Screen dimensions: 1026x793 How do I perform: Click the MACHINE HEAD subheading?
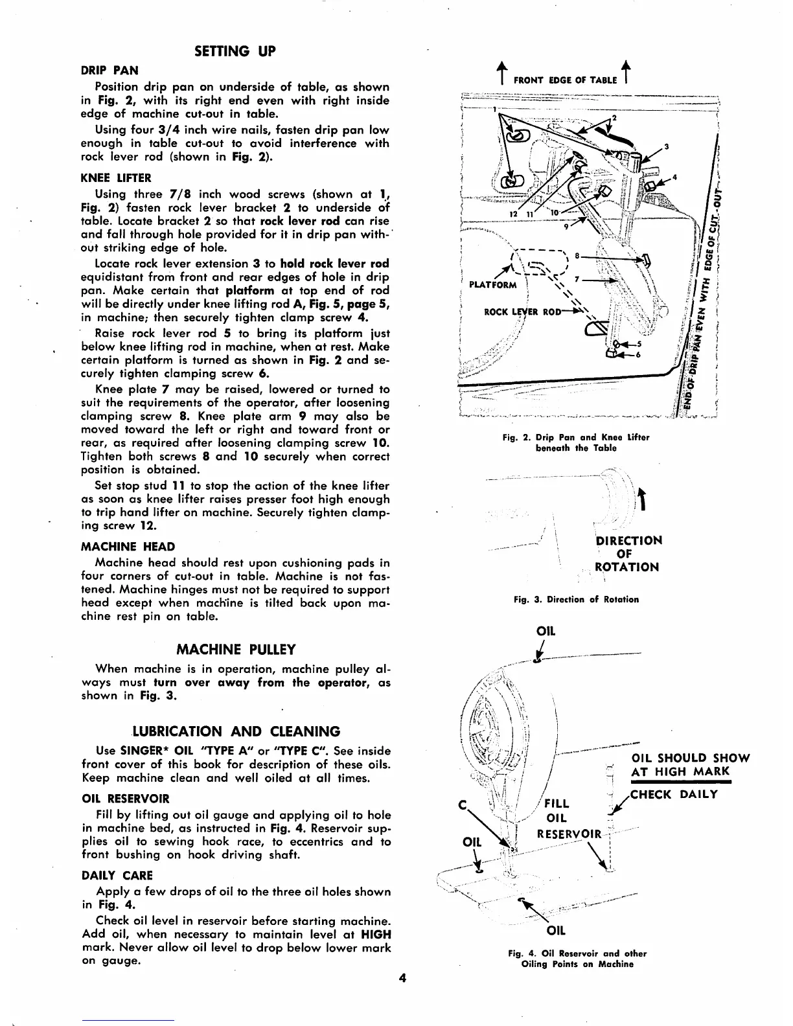point(128,547)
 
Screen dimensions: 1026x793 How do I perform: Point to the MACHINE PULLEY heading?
point(236,649)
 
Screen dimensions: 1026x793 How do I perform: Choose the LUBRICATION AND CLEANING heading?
point(236,732)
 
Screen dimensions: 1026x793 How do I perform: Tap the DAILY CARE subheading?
point(117,875)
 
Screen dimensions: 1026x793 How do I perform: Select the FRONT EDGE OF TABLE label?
point(565,80)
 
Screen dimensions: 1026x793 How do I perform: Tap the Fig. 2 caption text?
point(575,442)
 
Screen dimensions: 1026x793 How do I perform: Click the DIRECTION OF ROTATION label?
point(628,554)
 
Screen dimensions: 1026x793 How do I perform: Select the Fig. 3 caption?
point(576,599)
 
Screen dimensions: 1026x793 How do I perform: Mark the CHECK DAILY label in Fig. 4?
point(674,794)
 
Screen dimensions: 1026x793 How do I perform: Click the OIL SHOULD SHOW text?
point(690,758)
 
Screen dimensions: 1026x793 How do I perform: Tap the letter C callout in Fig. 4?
point(462,806)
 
